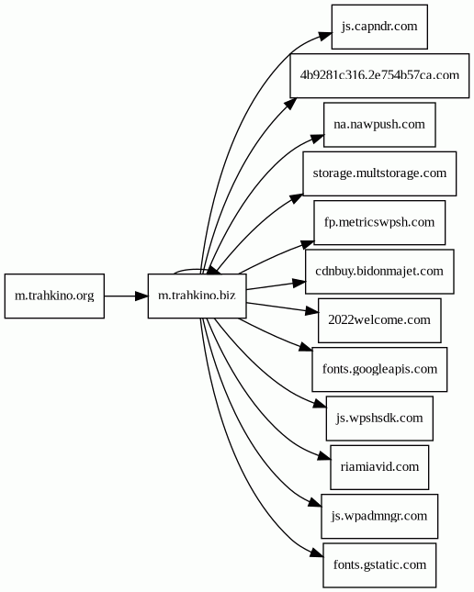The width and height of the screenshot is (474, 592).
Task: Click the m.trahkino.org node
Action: (54, 296)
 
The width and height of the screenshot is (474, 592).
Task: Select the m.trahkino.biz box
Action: (197, 296)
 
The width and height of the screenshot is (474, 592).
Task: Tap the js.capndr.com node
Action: (379, 27)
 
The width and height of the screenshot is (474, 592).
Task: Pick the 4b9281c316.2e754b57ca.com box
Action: (379, 76)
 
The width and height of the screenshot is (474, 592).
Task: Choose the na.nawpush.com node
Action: (379, 125)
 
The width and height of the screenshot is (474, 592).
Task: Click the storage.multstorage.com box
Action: (379, 173)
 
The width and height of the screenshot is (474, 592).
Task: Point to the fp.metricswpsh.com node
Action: (379, 222)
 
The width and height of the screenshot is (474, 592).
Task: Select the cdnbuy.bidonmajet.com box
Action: (379, 272)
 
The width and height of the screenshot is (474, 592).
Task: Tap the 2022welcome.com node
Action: (379, 320)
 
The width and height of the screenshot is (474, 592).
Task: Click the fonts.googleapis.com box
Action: (379, 369)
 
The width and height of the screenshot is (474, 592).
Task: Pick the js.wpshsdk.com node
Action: (379, 419)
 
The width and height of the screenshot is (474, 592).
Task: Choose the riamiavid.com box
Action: (379, 467)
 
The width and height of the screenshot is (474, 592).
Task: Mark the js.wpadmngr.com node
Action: (379, 516)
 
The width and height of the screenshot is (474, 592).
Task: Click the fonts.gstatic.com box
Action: (379, 565)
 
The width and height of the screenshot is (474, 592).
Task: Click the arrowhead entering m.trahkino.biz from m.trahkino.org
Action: (141, 296)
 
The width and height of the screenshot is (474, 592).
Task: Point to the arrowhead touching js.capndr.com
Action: (325, 36)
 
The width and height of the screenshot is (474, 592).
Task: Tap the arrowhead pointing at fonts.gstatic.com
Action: (317, 553)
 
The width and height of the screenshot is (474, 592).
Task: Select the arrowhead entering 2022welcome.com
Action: (311, 311)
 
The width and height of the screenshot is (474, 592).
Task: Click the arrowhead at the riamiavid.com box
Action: (324, 456)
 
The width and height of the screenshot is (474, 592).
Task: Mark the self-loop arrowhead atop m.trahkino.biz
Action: (213, 270)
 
